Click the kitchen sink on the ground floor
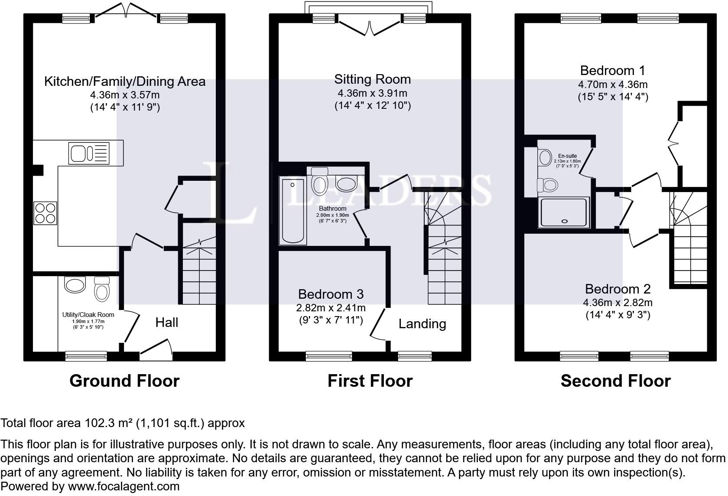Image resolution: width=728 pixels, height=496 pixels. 89,153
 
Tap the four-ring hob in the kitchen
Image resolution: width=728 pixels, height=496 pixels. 45,213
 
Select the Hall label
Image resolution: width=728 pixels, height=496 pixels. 167,322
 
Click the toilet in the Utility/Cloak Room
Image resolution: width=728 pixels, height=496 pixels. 102,288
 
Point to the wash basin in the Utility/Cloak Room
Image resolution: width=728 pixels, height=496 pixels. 75,285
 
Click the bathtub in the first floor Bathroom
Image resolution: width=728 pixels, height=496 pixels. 293,211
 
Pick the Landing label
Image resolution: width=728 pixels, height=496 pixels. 422,324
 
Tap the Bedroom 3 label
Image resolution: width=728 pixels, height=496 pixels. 331,294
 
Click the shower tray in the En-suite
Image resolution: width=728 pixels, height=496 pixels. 564,212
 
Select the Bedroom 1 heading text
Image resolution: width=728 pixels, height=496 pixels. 613,70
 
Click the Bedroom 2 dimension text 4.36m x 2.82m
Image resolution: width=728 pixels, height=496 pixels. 618,303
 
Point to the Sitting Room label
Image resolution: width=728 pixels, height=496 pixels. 373,79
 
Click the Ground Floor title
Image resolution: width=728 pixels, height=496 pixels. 124,381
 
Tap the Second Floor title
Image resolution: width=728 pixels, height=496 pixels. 615,381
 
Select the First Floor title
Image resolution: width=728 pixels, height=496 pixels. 370,381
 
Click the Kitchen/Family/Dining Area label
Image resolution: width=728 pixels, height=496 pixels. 125,82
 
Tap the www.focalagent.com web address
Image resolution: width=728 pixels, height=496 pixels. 123,486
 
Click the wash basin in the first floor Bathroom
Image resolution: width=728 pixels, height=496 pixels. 346,184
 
